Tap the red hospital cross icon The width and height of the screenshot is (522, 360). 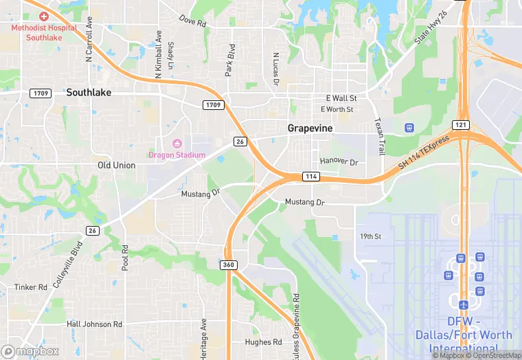point(44,16)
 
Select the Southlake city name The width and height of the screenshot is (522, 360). point(89,92)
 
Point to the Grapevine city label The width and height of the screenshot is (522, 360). point(309,128)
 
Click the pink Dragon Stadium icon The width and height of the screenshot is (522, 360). point(177,144)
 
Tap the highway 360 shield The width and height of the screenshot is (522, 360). point(229,265)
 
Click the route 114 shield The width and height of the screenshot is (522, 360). point(310,177)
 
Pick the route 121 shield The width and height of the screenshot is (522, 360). point(460,124)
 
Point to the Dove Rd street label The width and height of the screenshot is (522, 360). point(193,21)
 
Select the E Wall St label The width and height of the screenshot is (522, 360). point(339,98)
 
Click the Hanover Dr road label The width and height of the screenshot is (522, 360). point(339,161)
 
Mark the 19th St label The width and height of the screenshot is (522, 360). point(370,236)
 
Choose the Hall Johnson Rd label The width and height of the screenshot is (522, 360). point(94,324)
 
